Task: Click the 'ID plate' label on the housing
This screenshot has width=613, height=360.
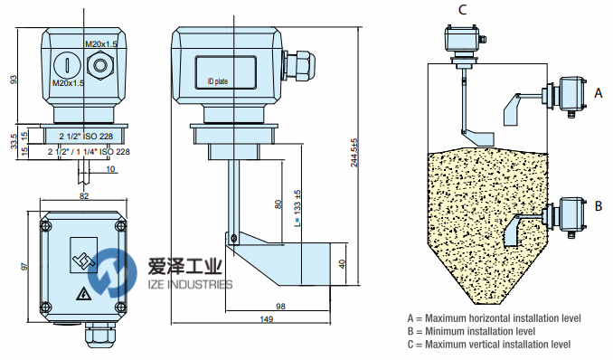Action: tap(217, 81)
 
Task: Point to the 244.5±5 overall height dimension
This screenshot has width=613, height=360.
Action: tap(354, 153)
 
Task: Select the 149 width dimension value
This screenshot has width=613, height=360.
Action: tap(266, 319)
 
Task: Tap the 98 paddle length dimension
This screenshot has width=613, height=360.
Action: tap(280, 307)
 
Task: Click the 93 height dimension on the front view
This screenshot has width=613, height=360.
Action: tap(14, 80)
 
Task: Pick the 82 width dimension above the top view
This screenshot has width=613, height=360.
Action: tap(84, 195)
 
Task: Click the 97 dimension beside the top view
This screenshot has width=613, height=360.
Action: tap(24, 267)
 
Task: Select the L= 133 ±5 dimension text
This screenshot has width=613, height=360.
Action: tap(297, 209)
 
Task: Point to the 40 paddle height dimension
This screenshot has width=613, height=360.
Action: tap(343, 264)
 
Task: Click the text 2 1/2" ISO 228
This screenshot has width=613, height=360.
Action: tap(86, 137)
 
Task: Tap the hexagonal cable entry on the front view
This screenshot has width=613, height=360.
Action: tap(100, 65)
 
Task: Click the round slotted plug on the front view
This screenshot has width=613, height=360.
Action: tap(67, 65)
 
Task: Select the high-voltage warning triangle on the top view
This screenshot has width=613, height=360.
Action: tap(83, 293)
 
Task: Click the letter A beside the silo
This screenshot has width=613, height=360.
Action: tap(599, 93)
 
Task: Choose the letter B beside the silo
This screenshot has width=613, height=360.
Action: tap(599, 206)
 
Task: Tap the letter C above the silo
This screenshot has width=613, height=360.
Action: tap(462, 9)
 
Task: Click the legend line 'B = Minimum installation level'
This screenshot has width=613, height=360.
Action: tap(471, 331)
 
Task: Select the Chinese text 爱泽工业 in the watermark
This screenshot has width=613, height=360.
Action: tap(185, 267)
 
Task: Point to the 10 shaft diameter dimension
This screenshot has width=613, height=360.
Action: tap(110, 169)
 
